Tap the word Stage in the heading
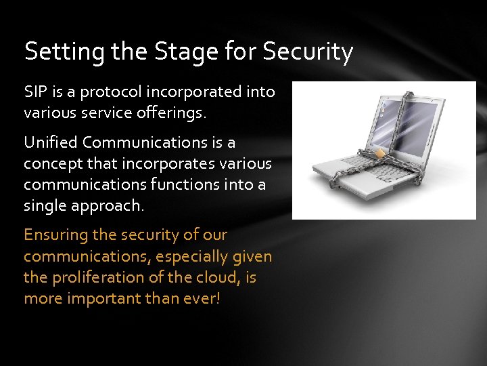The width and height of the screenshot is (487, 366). click(x=178, y=52)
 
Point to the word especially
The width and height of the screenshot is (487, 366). click(x=190, y=256)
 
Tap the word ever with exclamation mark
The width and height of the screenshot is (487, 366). click(x=203, y=299)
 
